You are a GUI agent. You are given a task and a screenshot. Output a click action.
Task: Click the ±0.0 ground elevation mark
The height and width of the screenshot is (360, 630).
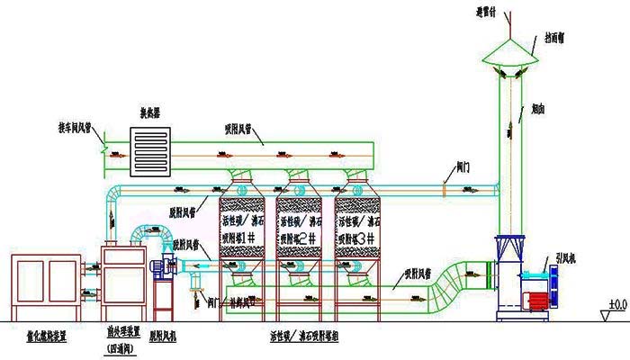(x=616, y=305)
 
